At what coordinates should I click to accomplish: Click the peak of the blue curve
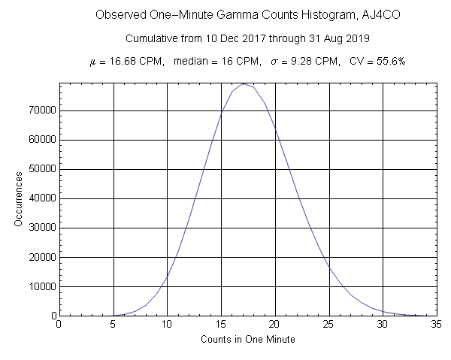click(x=243, y=83)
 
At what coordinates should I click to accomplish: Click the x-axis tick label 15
click(x=221, y=325)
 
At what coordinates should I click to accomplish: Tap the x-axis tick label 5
click(x=113, y=325)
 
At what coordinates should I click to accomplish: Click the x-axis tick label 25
click(x=328, y=325)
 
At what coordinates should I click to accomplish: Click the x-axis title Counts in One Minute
click(x=248, y=340)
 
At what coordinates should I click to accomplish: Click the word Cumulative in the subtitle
click(x=150, y=38)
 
